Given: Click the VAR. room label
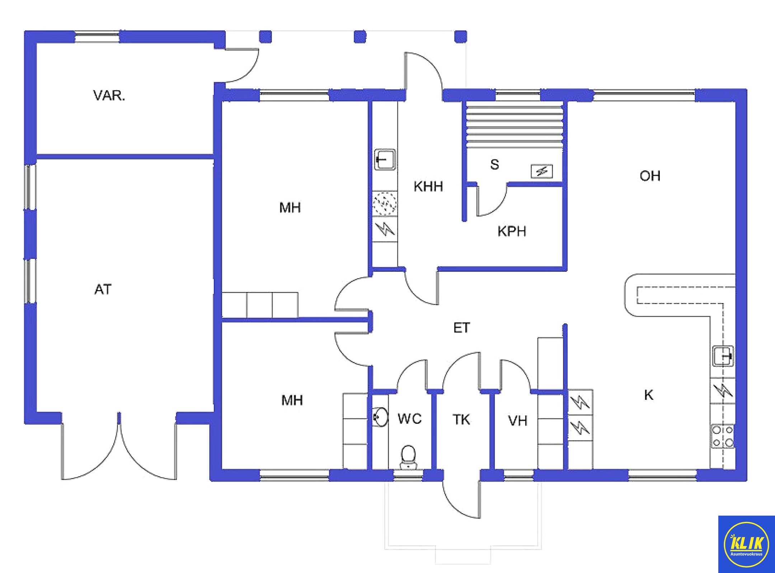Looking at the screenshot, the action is click(x=109, y=96).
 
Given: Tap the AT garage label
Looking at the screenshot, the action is click(x=103, y=289).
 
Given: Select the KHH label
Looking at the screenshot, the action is click(x=428, y=186).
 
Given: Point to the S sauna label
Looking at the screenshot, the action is click(x=494, y=165).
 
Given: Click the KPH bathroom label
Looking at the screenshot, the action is click(x=512, y=232).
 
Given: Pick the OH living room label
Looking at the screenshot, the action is click(x=650, y=176).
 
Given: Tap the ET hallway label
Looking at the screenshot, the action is click(x=461, y=328).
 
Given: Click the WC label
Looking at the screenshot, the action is click(x=409, y=419).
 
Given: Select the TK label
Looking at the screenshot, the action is click(x=461, y=420).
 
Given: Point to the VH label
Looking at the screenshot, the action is click(x=517, y=421).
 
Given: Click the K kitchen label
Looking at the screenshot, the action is click(x=648, y=395).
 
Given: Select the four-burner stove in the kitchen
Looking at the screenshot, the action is click(x=723, y=436).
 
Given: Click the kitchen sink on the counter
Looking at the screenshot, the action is click(x=723, y=356).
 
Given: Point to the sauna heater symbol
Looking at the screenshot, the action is click(x=541, y=171).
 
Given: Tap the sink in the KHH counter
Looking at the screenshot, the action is click(x=385, y=159).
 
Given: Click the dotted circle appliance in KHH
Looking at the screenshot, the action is click(x=385, y=203).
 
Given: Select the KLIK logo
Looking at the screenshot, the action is click(x=746, y=544).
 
